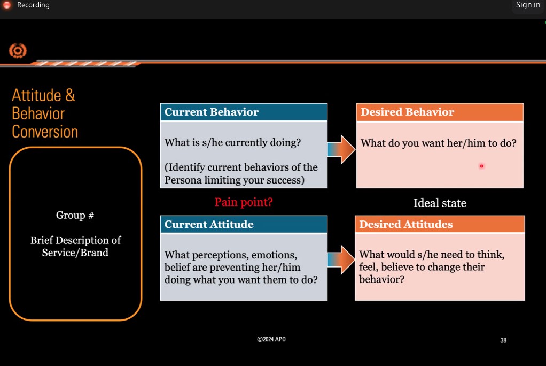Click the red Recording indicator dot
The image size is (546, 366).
(x=7, y=5)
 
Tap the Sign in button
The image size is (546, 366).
(x=528, y=5)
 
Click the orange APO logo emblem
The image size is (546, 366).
(x=18, y=51)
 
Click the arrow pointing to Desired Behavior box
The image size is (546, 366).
(x=341, y=149)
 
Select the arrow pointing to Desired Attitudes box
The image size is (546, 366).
(x=341, y=260)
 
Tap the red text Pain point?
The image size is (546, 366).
(x=244, y=202)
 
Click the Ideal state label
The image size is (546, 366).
(x=440, y=203)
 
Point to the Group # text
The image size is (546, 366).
(x=75, y=215)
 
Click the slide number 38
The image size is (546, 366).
(x=503, y=340)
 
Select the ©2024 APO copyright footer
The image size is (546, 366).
(x=271, y=339)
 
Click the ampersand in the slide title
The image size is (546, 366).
(x=70, y=95)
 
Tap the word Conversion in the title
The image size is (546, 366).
(x=45, y=132)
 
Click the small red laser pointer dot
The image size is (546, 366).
(x=481, y=166)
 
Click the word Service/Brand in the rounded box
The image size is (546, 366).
(x=75, y=253)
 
